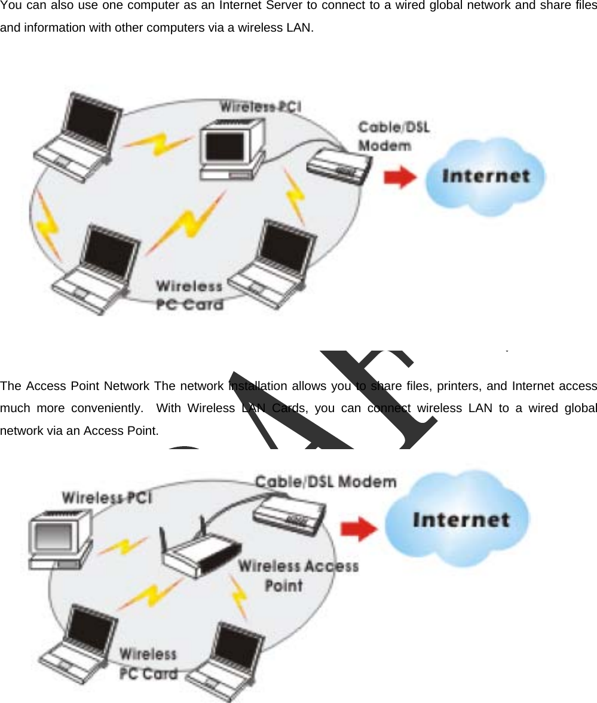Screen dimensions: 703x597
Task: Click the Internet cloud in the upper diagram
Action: pyautogui.click(x=485, y=176)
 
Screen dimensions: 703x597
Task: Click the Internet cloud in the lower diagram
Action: pyautogui.click(x=457, y=518)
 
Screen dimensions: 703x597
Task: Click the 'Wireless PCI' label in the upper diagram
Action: pyautogui.click(x=260, y=107)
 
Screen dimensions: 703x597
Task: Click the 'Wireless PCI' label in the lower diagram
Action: pyautogui.click(x=107, y=497)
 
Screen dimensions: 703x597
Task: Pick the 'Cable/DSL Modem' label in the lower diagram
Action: pyautogui.click(x=326, y=481)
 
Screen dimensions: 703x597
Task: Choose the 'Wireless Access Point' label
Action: pyautogui.click(x=298, y=575)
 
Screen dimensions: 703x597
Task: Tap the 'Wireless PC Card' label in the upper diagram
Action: pyautogui.click(x=189, y=295)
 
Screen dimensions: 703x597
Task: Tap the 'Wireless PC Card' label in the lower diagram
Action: pyautogui.click(x=148, y=664)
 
